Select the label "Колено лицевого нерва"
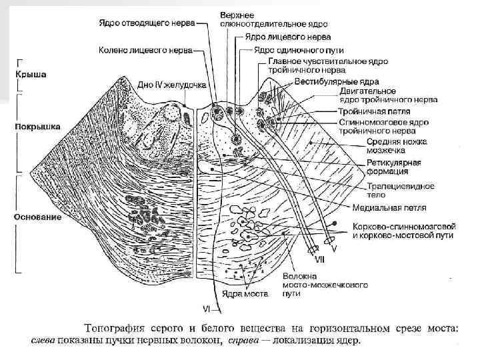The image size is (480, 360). [146, 49]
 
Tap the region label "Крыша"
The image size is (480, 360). [31, 75]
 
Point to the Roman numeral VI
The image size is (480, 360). [207, 308]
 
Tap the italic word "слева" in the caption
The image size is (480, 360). [46, 341]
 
